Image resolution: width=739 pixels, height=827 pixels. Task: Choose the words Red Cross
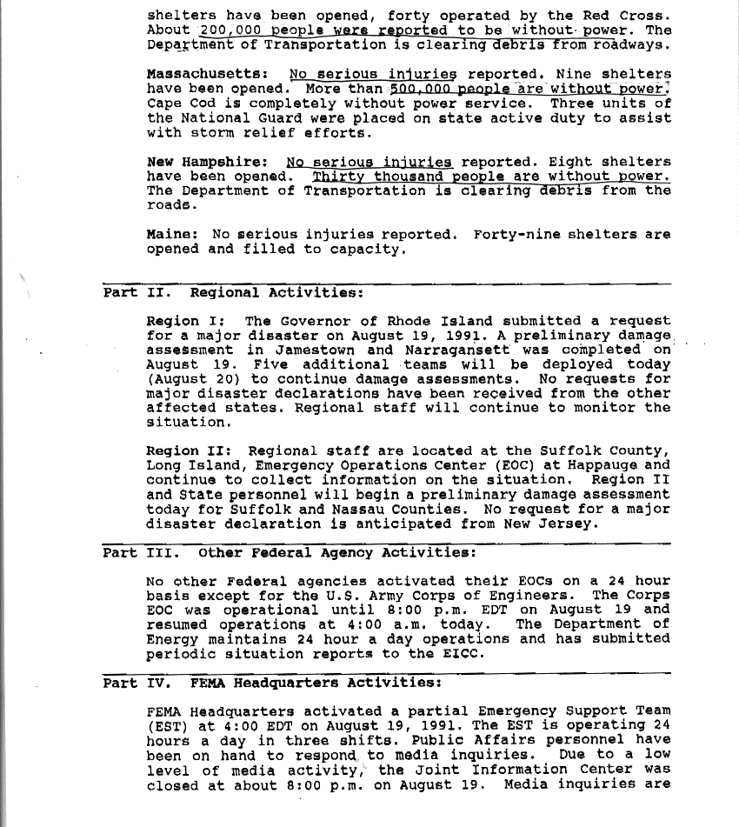coord(627,15)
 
